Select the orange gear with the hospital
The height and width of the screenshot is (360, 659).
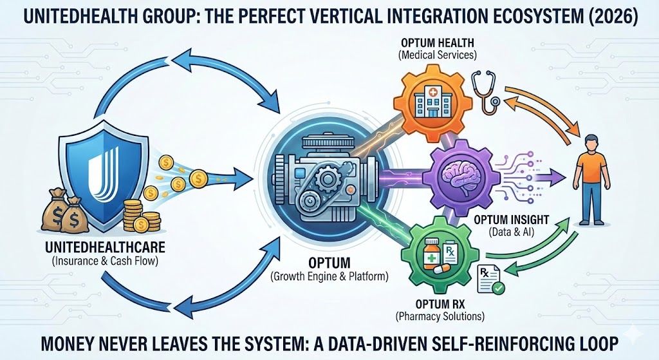click(427, 101)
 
